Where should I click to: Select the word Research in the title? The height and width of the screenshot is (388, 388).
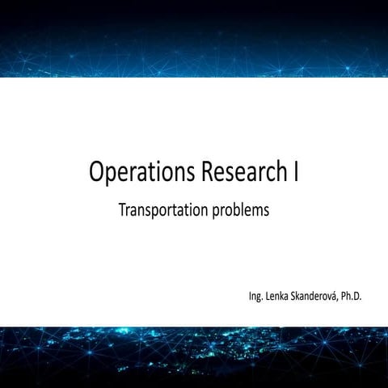pyautogui.click(x=240, y=172)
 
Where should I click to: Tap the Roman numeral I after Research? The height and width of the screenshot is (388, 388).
pyautogui.click(x=296, y=172)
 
